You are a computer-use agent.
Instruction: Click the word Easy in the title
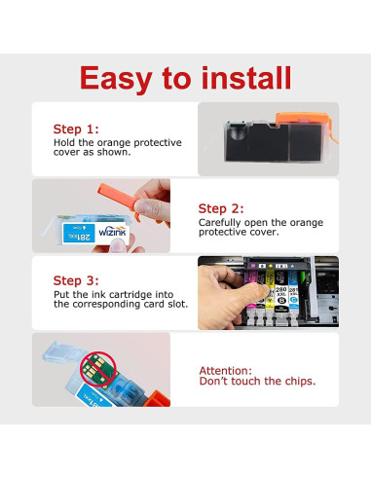[x=116, y=79]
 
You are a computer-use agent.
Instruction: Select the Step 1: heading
[x=76, y=129]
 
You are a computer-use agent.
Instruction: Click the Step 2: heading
[x=221, y=208]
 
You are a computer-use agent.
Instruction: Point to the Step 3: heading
[x=76, y=280]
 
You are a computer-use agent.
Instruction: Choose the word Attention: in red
[x=226, y=371]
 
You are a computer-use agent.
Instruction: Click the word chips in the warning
[x=299, y=381]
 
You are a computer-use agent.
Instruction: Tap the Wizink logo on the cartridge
[x=112, y=231]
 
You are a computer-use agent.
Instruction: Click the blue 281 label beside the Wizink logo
[x=79, y=233]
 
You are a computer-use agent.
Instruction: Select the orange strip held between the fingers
[x=118, y=197]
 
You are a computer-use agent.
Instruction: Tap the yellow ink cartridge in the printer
[x=270, y=290]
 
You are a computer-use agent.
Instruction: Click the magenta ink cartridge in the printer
[x=251, y=290]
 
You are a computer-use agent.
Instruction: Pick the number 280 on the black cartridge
[x=280, y=289]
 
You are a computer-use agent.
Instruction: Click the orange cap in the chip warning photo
[x=157, y=398]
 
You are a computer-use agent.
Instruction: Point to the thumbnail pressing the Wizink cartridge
[x=118, y=245]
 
